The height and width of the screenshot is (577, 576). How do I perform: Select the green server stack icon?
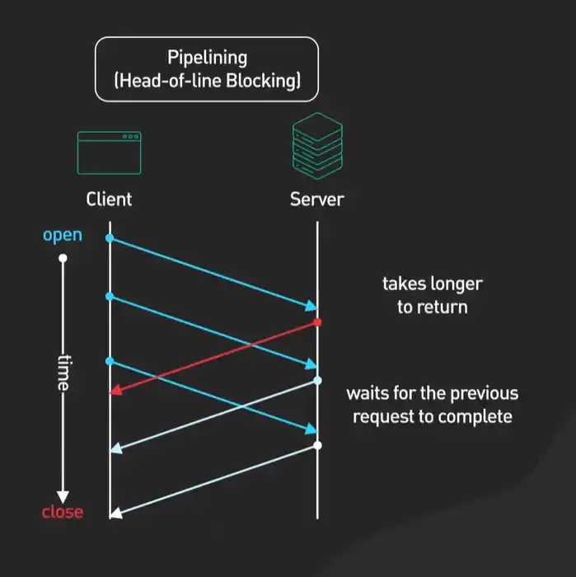point(317,146)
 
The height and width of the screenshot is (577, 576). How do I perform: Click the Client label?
point(109,199)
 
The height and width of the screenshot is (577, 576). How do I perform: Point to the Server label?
point(317,199)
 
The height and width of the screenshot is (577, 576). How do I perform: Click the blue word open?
point(63,235)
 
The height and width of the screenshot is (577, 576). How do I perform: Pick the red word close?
point(63,512)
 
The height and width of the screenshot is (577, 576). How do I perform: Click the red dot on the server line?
point(317,322)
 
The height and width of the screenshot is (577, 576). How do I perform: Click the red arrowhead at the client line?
point(115,391)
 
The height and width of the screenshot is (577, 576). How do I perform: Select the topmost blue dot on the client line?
point(110,238)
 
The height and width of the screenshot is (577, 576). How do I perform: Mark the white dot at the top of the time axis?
point(63,259)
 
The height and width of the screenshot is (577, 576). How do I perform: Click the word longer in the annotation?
point(456,284)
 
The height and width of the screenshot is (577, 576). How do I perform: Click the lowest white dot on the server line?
point(317,445)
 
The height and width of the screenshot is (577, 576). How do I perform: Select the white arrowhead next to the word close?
point(115,514)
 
